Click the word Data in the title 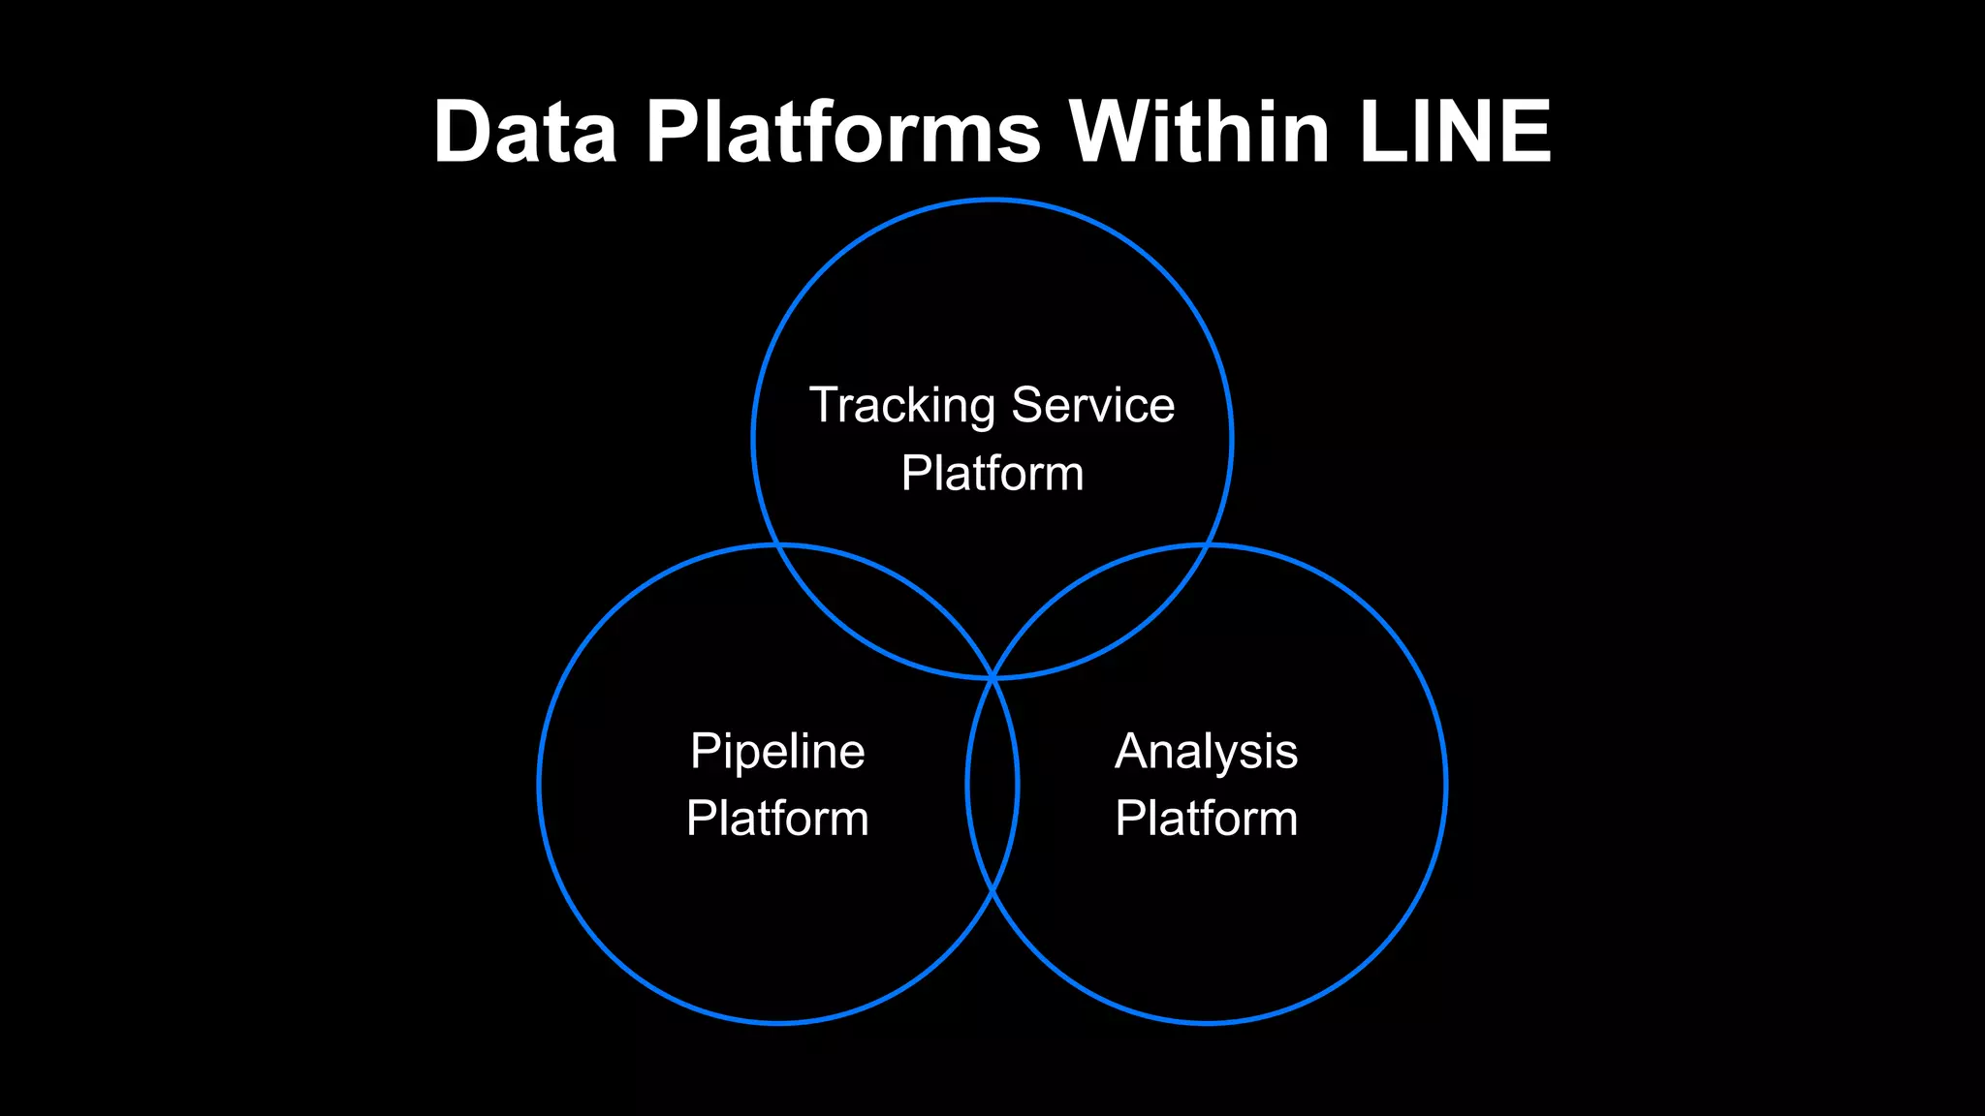pyautogui.click(x=524, y=132)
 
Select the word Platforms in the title pyautogui.click(x=843, y=132)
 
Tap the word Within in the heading pyautogui.click(x=1199, y=132)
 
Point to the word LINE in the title pyautogui.click(x=1455, y=132)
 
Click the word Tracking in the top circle pyautogui.click(x=901, y=406)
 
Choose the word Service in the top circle pyautogui.click(x=1092, y=405)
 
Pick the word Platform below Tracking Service pyautogui.click(x=992, y=473)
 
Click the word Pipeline pyautogui.click(x=777, y=752)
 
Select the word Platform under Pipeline pyautogui.click(x=777, y=818)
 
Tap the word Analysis pyautogui.click(x=1206, y=752)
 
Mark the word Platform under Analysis pyautogui.click(x=1206, y=818)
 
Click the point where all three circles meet pyautogui.click(x=992, y=678)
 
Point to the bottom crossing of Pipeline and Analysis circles pyautogui.click(x=992, y=889)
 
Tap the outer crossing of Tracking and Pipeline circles pyautogui.click(x=777, y=546)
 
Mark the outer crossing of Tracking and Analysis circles pyautogui.click(x=1208, y=546)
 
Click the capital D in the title pyautogui.click(x=464, y=132)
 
